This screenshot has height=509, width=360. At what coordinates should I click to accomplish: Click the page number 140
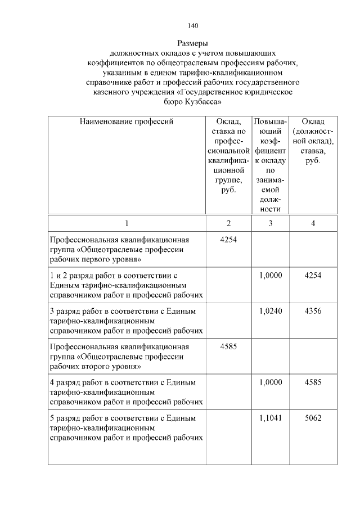(x=193, y=25)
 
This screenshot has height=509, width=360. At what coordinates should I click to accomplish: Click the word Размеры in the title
(x=193, y=43)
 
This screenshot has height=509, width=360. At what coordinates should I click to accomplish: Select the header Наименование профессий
(x=127, y=121)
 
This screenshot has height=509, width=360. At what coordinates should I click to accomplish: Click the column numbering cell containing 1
(x=127, y=223)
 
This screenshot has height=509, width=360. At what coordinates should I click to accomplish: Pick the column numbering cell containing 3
(x=271, y=223)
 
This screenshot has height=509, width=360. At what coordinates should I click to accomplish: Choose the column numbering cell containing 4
(x=313, y=223)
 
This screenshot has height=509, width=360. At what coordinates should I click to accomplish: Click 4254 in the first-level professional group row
(x=228, y=240)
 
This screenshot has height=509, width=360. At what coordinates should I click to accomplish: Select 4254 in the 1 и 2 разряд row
(x=313, y=275)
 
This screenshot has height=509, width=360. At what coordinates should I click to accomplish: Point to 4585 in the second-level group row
(x=228, y=346)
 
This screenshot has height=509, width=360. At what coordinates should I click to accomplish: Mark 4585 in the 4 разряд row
(x=313, y=382)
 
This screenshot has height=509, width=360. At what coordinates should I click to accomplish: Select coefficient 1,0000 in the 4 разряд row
(x=271, y=382)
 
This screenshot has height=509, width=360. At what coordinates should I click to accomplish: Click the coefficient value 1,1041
(x=271, y=418)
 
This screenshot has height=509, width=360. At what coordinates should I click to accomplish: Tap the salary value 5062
(x=313, y=418)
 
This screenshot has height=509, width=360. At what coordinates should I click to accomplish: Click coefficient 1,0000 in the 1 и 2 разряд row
(x=271, y=275)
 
